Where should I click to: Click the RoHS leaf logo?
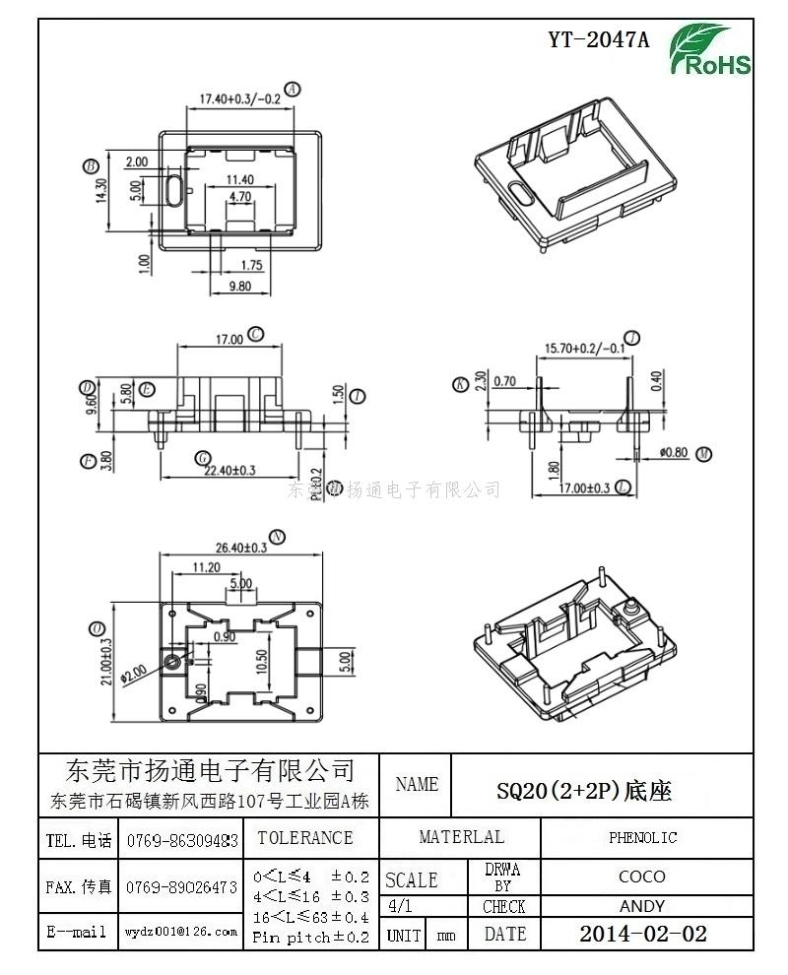[710, 51]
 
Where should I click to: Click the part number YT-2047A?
[600, 40]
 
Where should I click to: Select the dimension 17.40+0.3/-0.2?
[240, 98]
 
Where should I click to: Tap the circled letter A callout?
[293, 89]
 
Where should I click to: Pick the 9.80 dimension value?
[239, 287]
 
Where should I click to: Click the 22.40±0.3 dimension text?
[229, 471]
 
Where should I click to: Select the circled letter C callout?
[256, 334]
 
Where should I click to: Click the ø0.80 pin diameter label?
[674, 453]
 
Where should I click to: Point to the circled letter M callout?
[703, 453]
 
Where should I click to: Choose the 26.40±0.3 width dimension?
[234, 547]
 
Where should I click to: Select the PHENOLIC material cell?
[642, 838]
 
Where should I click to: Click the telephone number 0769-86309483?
[182, 841]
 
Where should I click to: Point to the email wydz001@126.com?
[180, 932]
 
